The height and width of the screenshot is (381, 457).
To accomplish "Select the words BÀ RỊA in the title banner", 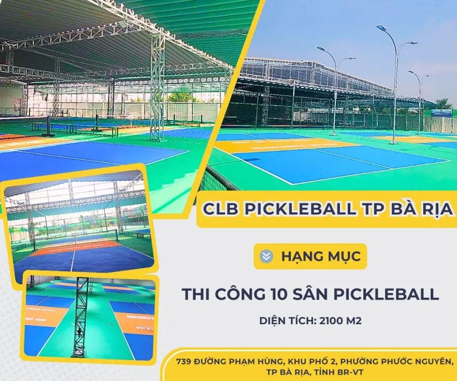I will (x=423, y=208).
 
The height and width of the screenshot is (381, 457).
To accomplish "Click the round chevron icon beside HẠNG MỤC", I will (x=266, y=256).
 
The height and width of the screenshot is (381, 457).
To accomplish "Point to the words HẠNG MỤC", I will (x=321, y=256).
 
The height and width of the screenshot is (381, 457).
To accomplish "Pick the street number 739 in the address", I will (x=186, y=361).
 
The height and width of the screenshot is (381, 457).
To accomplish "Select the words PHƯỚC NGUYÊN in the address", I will (x=420, y=361).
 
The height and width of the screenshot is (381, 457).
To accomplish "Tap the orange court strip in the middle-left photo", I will (x=76, y=248).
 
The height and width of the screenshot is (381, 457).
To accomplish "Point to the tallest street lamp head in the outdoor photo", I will (x=382, y=28).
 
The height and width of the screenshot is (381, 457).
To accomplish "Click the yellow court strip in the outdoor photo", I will (x=283, y=145).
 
